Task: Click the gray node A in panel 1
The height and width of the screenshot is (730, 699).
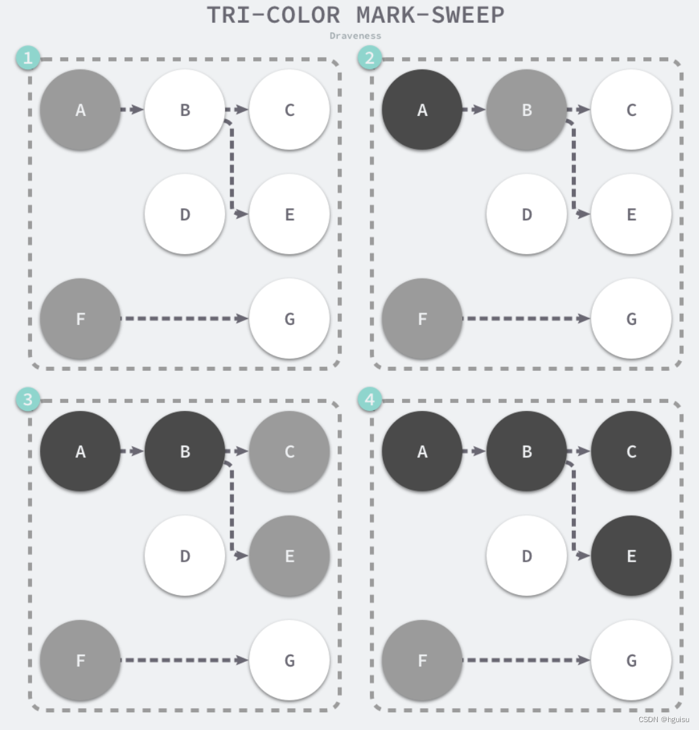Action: [80, 110]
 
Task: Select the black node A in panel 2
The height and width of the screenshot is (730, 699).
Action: [422, 110]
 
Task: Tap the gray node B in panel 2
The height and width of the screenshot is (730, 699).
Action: [527, 110]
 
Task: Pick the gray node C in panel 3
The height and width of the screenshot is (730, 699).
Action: [289, 451]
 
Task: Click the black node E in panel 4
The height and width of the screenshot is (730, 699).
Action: [631, 556]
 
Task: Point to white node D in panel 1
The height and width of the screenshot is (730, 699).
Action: [185, 214]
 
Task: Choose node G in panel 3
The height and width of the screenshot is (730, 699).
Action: [289, 661]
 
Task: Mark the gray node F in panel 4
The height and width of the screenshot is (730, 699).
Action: [422, 661]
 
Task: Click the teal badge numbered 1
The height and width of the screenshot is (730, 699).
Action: [28, 58]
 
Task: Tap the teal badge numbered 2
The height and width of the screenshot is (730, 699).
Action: [370, 58]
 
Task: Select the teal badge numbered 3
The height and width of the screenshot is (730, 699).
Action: [28, 400]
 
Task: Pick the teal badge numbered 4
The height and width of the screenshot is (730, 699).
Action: [370, 400]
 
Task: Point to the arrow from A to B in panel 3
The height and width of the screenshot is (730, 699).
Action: [132, 451]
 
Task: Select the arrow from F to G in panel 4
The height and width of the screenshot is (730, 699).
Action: [527, 660]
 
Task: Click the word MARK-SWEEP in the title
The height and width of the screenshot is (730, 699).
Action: [430, 15]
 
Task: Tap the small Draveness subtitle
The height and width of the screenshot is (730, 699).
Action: [355, 36]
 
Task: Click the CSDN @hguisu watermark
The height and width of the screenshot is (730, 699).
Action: [664, 719]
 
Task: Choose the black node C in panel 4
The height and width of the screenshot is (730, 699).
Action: [631, 451]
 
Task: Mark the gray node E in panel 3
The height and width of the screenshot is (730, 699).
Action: [289, 556]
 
